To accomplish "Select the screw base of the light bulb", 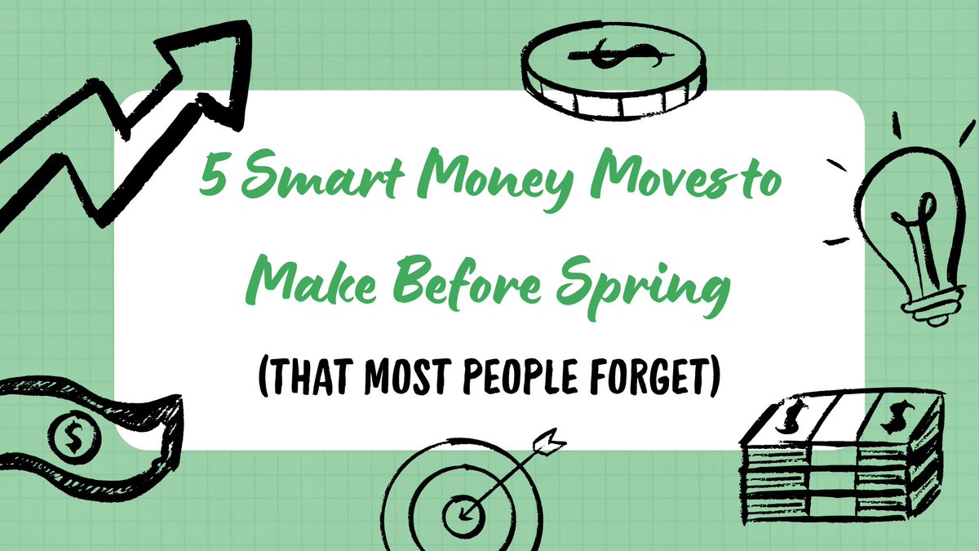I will pyautogui.click(x=929, y=306).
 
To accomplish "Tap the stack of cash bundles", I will pyautogui.click(x=840, y=465).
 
